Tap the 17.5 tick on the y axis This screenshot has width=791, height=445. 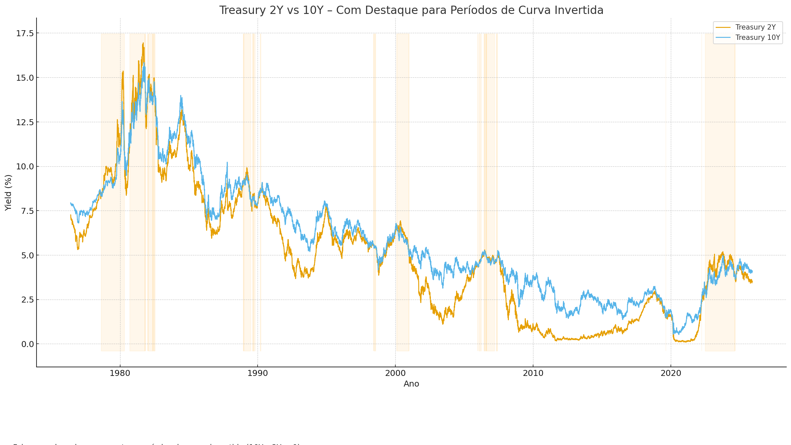tap(25, 33)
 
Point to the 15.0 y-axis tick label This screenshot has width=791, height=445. tap(25, 78)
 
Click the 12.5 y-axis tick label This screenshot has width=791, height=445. tap(25, 122)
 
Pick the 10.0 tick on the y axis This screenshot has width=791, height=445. tap(25, 166)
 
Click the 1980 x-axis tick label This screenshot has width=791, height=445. tap(120, 373)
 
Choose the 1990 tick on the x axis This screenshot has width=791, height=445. tap(258, 373)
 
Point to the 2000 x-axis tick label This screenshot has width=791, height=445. tap(395, 373)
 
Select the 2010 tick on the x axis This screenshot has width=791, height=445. tap(533, 373)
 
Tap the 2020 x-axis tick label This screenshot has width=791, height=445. tap(671, 373)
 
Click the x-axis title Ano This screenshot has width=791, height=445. tap(411, 384)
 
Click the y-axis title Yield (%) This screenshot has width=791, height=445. tap(9, 193)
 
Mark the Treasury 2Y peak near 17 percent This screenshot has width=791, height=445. tap(143, 43)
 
